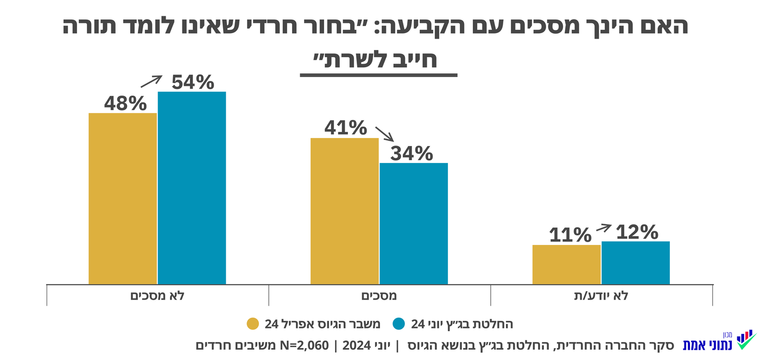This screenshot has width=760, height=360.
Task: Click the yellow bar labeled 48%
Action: (123, 198)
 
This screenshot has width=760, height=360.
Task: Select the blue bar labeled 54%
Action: (192, 187)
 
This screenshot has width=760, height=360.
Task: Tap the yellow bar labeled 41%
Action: (344, 211)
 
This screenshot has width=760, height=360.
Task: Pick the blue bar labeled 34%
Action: (413, 223)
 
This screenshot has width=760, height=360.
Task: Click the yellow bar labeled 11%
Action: (566, 264)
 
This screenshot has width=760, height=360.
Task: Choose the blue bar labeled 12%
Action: (635, 263)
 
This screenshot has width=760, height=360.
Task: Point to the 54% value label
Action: (193, 82)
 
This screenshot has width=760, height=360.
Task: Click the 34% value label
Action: (411, 154)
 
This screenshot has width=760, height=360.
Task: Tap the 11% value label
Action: (569, 235)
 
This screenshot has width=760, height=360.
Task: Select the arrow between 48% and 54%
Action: (151, 81)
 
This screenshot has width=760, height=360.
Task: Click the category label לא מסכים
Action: (157, 296)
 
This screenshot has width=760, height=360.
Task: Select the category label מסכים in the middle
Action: (379, 296)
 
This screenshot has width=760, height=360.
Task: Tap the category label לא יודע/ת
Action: (601, 296)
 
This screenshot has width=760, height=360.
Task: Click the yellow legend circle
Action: (253, 324)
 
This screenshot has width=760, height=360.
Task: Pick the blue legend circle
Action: (400, 324)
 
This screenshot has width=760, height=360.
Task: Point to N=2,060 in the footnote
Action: (305, 345)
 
